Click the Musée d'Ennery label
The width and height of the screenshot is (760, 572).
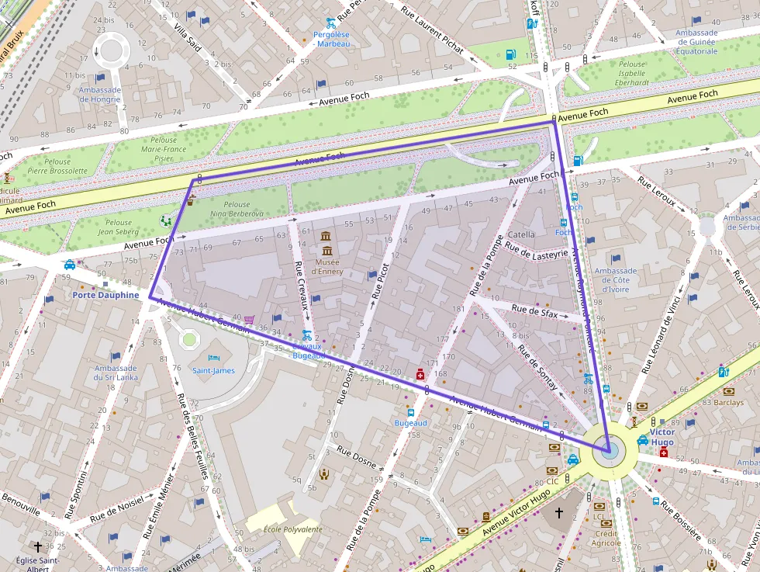point(326,267)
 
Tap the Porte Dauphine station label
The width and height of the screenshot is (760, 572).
point(105,295)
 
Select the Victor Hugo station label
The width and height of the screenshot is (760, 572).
point(662,437)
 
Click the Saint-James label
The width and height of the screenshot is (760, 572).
point(213,370)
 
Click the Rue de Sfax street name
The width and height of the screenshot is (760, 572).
point(534,311)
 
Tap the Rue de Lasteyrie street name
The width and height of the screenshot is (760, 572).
point(537,253)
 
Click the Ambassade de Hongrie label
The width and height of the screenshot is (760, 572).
point(100,94)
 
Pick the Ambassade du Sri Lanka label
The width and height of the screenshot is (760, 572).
point(116,373)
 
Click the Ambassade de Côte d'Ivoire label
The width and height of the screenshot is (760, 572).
point(615,280)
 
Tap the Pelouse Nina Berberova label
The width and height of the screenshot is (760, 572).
point(237,209)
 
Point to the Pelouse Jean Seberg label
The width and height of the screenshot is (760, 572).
point(118,227)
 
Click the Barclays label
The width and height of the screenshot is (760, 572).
point(728,403)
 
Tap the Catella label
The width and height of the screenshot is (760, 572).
point(521,234)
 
